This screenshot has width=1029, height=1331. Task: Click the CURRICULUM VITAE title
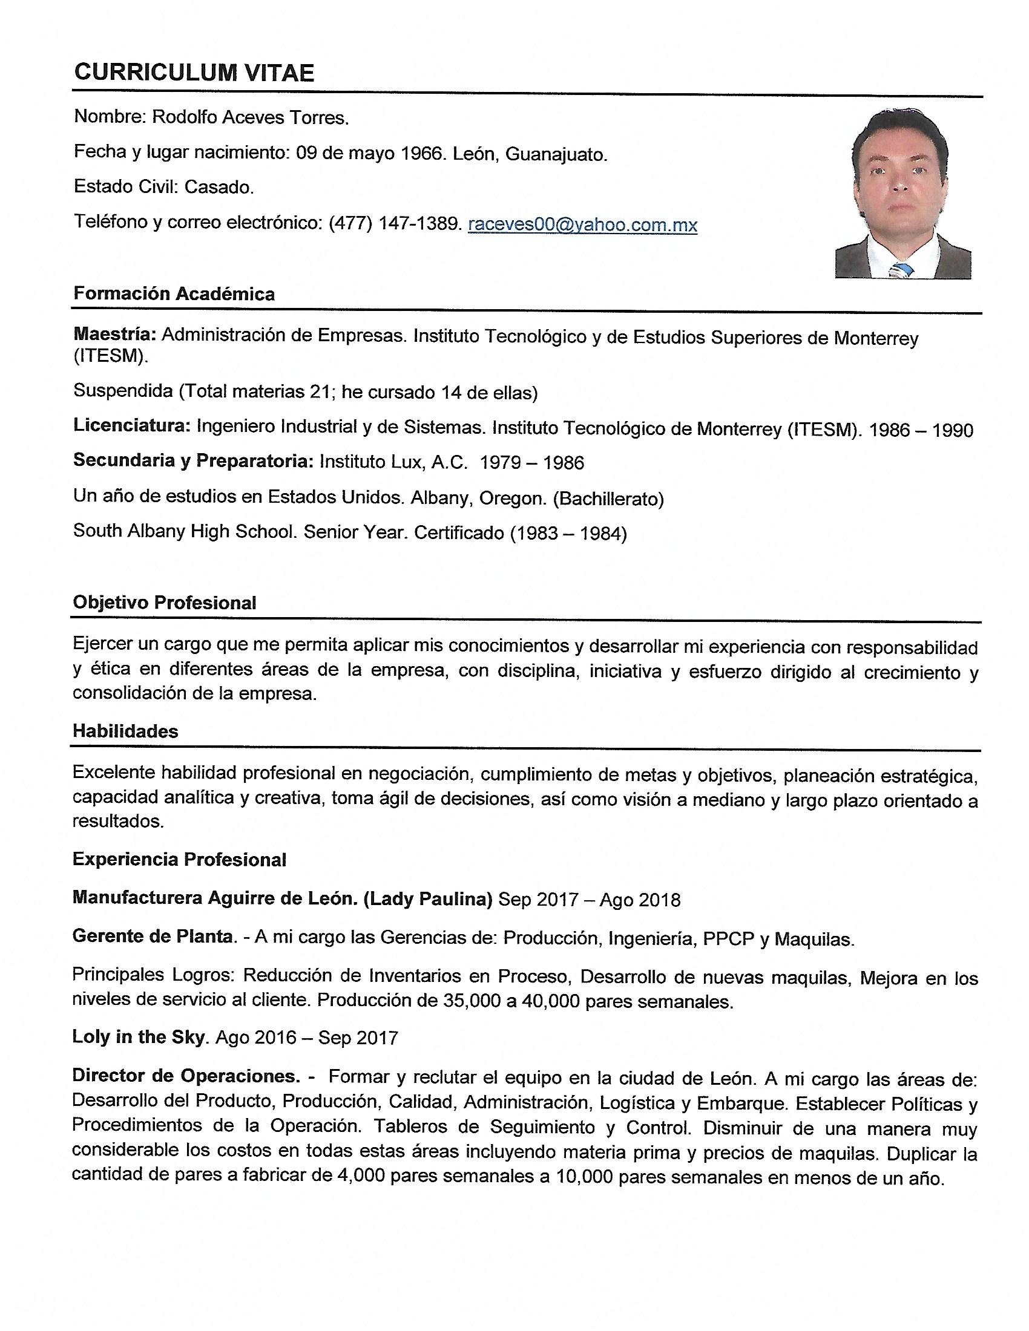click(x=194, y=73)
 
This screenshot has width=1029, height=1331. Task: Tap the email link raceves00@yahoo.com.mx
click(x=582, y=225)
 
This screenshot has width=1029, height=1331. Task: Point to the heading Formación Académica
click(x=174, y=294)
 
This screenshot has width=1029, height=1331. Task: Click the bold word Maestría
click(x=115, y=334)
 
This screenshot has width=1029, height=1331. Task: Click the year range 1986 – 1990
click(x=921, y=430)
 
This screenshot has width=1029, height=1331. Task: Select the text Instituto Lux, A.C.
click(x=393, y=462)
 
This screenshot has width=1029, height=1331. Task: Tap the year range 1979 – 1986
click(x=531, y=463)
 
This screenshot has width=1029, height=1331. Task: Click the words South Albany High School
click(x=185, y=531)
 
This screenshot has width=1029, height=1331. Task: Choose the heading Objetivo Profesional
click(x=165, y=603)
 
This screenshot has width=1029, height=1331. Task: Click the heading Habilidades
click(x=125, y=731)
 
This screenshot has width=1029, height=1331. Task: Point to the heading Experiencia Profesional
click(x=179, y=859)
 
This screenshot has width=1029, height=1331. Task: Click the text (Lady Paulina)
click(x=427, y=898)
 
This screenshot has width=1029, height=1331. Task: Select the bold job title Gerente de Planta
click(x=153, y=936)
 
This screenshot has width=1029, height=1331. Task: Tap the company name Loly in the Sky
click(x=139, y=1036)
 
